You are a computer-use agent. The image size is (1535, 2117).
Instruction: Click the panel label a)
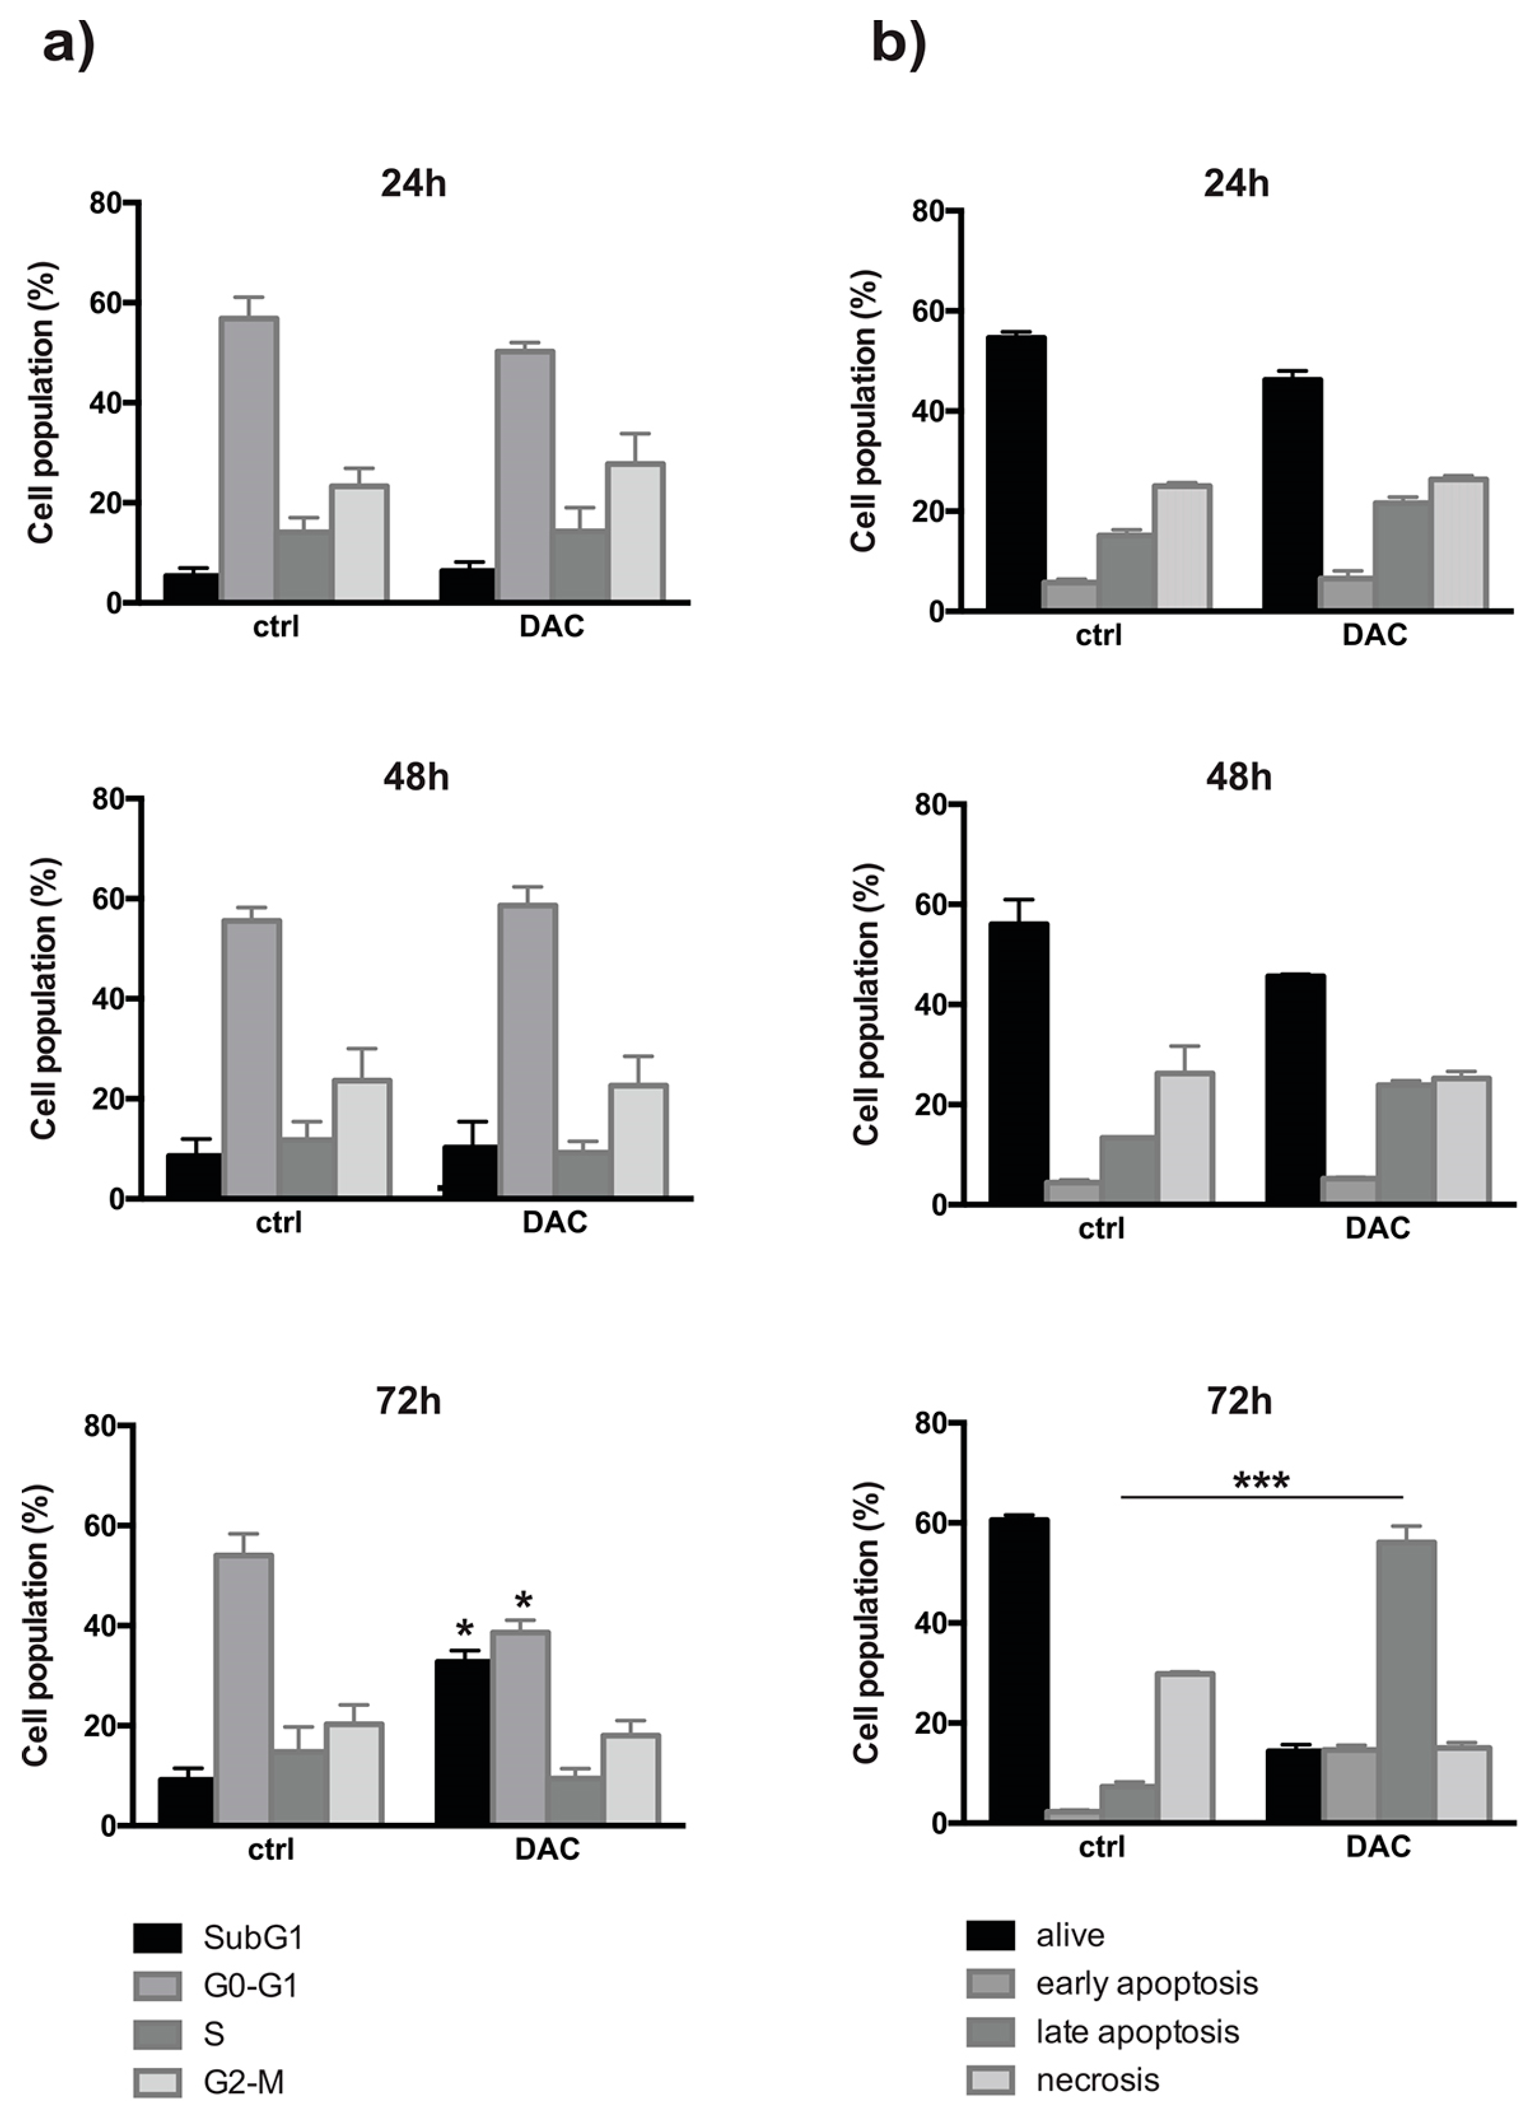[x=69, y=44]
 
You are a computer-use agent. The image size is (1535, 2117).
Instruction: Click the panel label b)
[x=898, y=44]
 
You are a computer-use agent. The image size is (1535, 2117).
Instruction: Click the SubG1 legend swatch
[x=157, y=1939]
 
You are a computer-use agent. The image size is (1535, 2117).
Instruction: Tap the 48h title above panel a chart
[x=415, y=777]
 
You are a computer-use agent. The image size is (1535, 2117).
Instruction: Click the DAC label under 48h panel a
[x=554, y=1222]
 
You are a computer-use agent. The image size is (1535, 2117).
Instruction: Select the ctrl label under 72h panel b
[x=1101, y=1847]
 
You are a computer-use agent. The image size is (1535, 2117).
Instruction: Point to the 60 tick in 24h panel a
[x=104, y=303]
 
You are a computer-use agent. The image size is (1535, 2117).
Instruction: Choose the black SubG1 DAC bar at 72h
[x=463, y=1743]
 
